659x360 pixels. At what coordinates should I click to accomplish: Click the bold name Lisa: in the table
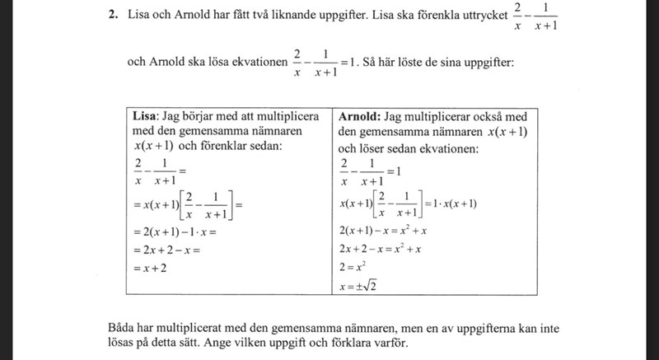coord(147,116)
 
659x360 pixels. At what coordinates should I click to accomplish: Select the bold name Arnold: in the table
coord(359,116)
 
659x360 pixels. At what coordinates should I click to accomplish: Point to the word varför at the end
coord(386,342)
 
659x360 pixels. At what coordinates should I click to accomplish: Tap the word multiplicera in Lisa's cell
coord(284,116)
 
